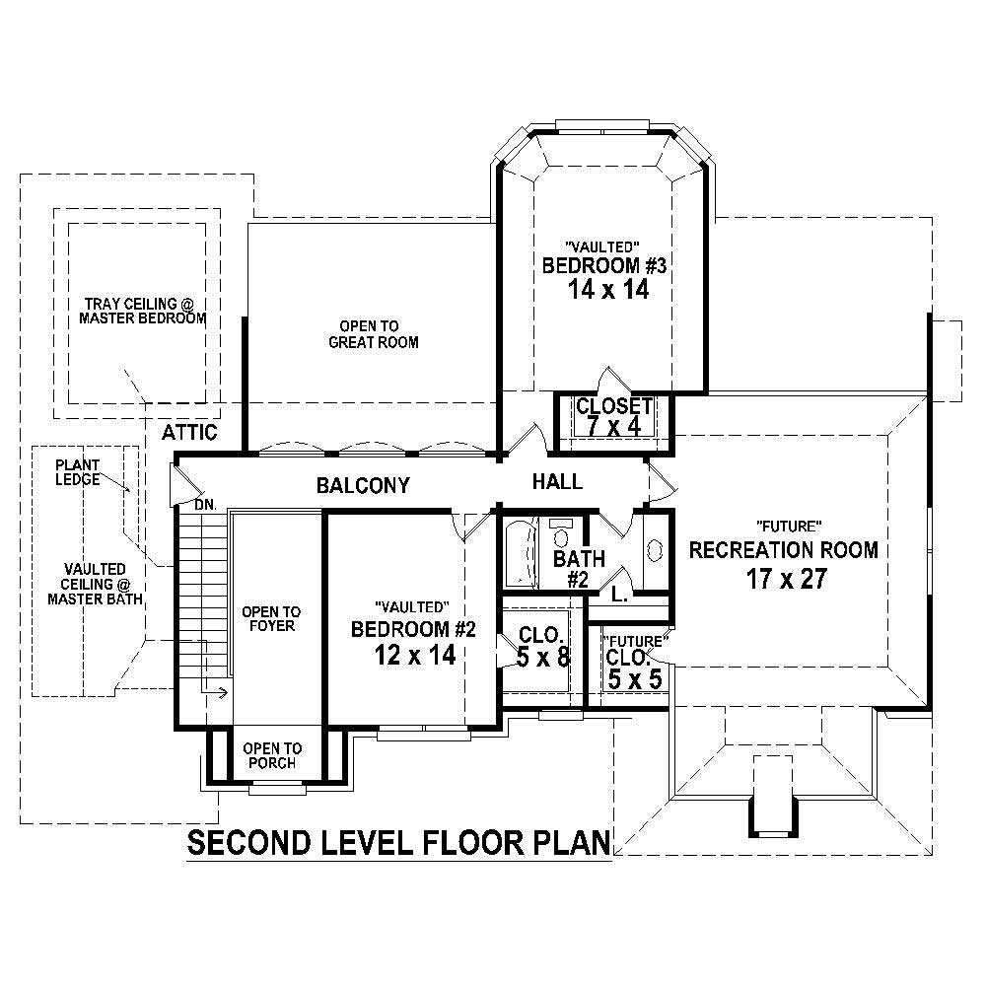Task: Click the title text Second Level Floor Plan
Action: pyautogui.click(x=399, y=844)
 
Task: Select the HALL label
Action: pyautogui.click(x=557, y=481)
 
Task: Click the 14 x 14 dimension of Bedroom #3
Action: pyautogui.click(x=607, y=290)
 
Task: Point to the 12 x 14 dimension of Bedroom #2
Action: pyautogui.click(x=414, y=655)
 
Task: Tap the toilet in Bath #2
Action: pyautogui.click(x=561, y=534)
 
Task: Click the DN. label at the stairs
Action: pyautogui.click(x=204, y=504)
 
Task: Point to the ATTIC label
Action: pyautogui.click(x=189, y=432)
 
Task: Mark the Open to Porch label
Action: pyautogui.click(x=272, y=755)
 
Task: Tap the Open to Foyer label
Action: pyautogui.click(x=272, y=618)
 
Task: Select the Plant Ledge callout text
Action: pyautogui.click(x=77, y=471)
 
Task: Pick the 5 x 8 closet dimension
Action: pyautogui.click(x=543, y=657)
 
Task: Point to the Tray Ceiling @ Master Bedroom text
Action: pyautogui.click(x=145, y=311)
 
